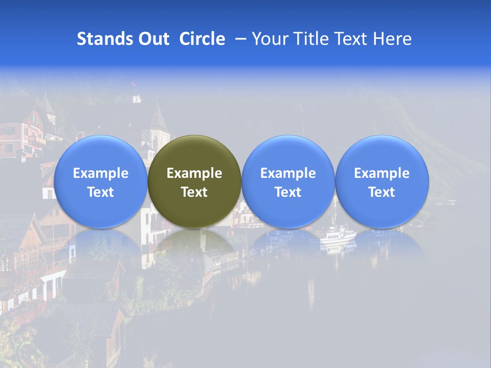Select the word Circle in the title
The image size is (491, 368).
tap(202, 39)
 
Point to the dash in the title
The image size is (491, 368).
tap(240, 39)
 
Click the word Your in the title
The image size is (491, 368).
tap(269, 39)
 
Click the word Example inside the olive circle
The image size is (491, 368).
tap(194, 173)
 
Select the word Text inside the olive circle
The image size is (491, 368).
tap(194, 192)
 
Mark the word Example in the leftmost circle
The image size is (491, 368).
tap(101, 173)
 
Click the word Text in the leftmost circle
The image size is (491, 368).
tap(101, 192)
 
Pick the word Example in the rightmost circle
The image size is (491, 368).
tap(382, 173)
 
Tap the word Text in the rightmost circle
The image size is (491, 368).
tap(382, 192)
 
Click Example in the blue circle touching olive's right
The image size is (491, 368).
tap(288, 173)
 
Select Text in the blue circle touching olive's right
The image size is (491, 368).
tap(288, 192)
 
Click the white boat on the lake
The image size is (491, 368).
tap(337, 235)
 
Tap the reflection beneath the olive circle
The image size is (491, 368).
tap(194, 245)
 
